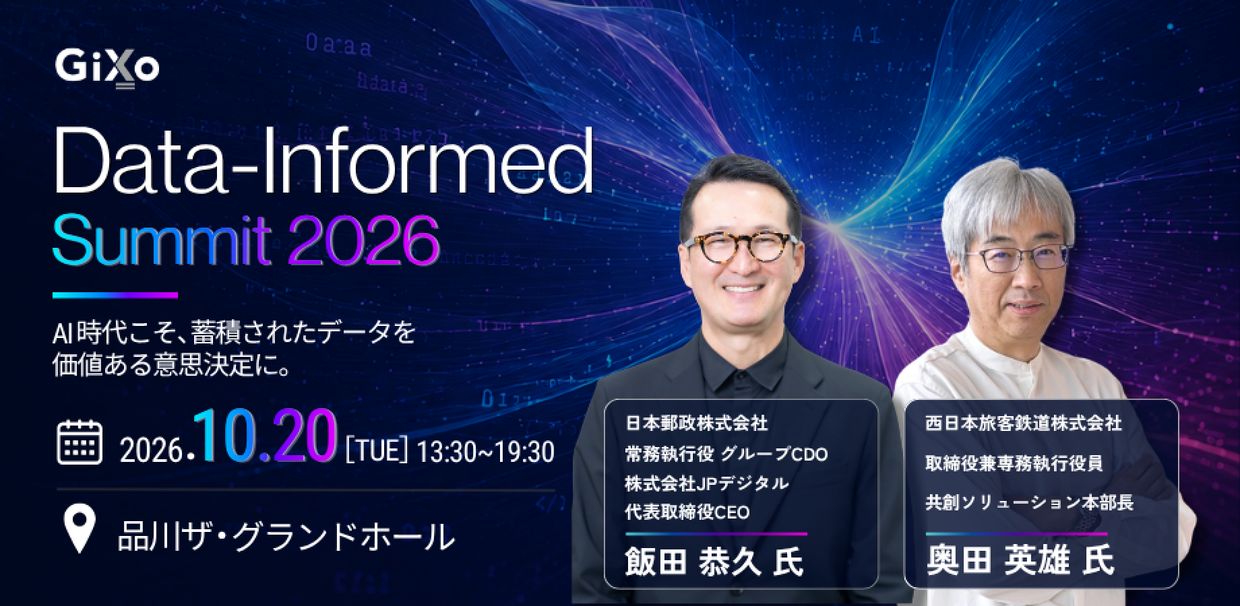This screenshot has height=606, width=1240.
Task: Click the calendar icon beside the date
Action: [80, 442]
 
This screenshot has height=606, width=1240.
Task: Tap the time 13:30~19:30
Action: [485, 452]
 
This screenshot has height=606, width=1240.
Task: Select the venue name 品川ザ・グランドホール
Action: [286, 536]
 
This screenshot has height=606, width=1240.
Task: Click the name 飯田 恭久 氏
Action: [714, 562]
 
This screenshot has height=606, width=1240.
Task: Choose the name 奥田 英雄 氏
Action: [1020, 562]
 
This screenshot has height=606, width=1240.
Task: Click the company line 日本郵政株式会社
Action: [697, 424]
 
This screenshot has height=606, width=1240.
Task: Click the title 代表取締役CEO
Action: [687, 512]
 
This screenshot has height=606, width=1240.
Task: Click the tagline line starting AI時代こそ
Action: [234, 333]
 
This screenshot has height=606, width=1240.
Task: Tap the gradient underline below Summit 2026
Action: [115, 295]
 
